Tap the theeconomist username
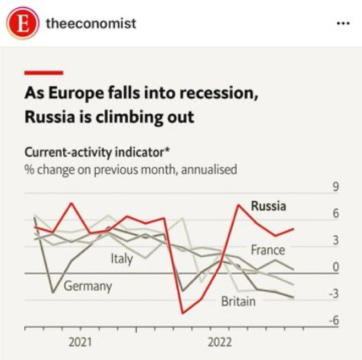91,23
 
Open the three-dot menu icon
342,24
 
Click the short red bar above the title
44,72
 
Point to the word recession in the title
213,94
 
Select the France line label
268,250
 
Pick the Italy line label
122,258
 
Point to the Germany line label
88,286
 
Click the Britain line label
238,301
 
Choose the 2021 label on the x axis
80,342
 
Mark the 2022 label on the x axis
220,342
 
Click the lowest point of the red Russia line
182,313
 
